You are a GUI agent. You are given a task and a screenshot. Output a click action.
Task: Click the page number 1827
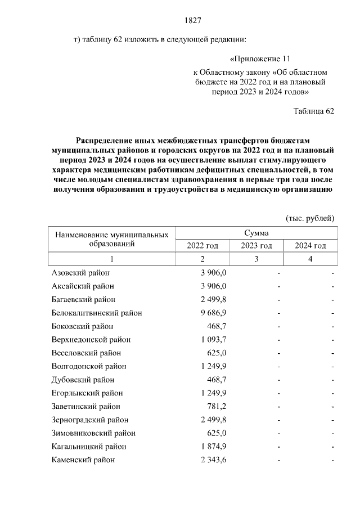click(193, 21)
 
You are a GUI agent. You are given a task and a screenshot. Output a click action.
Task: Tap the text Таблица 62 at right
click(314, 111)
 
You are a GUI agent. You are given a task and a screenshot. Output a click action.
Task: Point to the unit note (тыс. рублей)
click(310, 218)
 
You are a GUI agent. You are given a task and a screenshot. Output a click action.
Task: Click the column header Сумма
click(256, 233)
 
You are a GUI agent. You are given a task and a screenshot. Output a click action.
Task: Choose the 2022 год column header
click(202, 246)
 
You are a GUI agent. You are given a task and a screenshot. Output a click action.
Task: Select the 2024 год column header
click(310, 246)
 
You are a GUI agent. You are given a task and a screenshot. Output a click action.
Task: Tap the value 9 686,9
click(214, 313)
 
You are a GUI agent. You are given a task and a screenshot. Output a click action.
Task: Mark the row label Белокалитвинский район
click(97, 313)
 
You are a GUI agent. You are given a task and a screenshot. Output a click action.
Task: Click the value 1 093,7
click(214, 340)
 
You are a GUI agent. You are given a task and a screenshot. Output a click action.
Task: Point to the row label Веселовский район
click(86, 353)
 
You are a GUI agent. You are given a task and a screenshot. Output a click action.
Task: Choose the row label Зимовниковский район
click(93, 433)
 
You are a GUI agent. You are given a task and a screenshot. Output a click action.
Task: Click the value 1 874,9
click(214, 447)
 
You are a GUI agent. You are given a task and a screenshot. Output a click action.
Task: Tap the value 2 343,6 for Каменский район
click(214, 460)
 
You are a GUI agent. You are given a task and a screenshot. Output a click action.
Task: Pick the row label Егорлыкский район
click(87, 393)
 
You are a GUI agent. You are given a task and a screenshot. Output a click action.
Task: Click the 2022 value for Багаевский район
click(214, 299)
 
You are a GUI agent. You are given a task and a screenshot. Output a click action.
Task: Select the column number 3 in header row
click(256, 259)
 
